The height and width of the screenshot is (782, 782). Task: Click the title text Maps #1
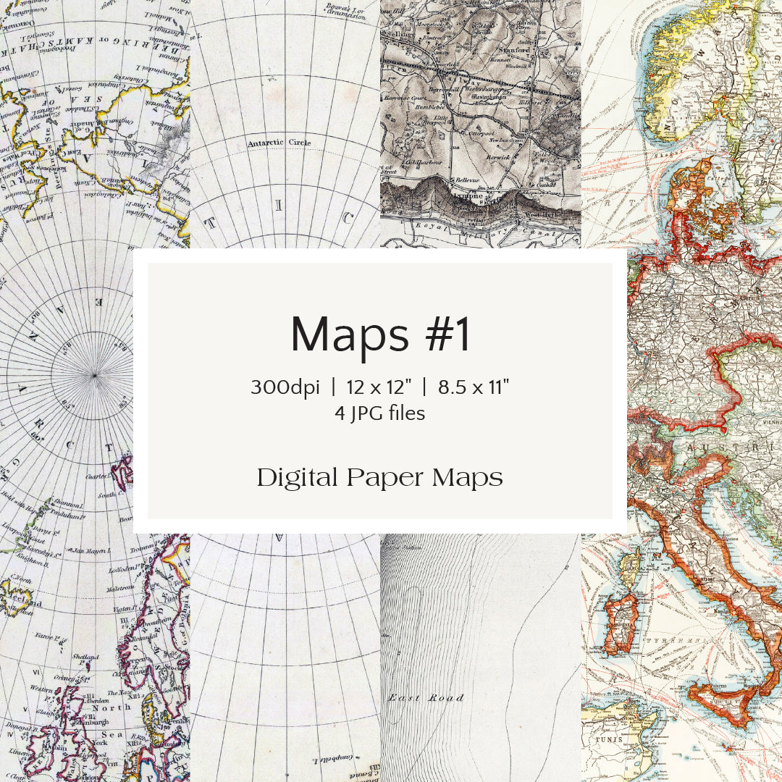click(x=380, y=335)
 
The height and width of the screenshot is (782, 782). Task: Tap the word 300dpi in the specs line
click(x=285, y=387)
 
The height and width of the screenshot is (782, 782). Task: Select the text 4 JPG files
click(x=380, y=413)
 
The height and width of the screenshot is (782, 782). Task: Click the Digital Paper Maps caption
click(x=380, y=478)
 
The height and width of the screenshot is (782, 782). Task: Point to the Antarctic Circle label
click(x=279, y=143)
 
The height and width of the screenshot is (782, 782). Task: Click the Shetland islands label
click(x=86, y=657)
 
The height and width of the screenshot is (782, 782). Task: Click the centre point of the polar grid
click(x=94, y=374)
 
